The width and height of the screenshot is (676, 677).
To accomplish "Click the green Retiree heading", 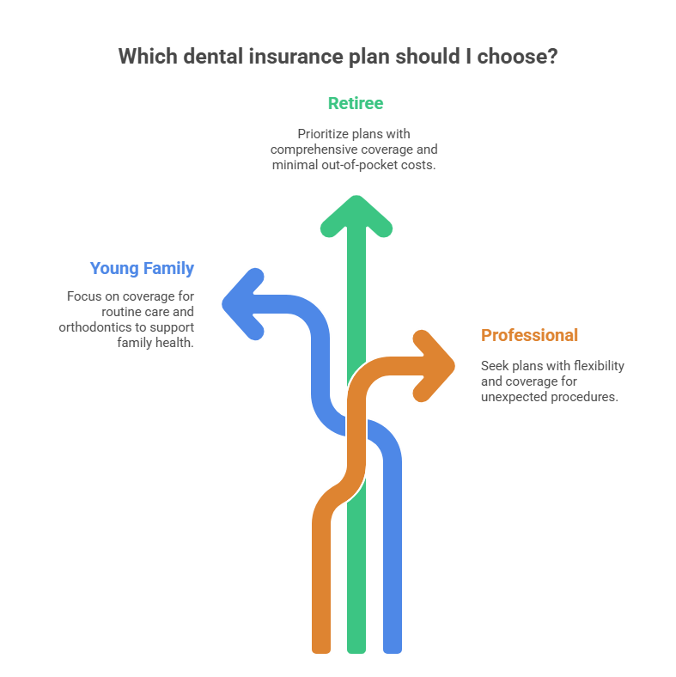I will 355,104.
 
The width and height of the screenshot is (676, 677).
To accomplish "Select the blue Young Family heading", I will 142,269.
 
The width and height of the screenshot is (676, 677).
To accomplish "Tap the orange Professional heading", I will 529,335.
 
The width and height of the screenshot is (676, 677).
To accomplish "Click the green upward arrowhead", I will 356,214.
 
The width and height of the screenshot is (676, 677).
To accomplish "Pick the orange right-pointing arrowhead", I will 437,354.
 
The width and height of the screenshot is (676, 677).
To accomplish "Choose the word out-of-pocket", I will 356,165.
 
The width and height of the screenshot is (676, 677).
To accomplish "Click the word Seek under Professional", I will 495,366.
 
